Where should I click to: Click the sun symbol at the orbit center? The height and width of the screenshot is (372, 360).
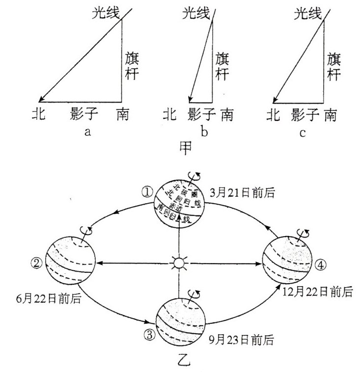click(x=179, y=264)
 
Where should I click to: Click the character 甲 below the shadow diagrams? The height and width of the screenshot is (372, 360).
click(x=186, y=147)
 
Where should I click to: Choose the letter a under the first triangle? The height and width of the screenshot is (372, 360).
click(x=87, y=133)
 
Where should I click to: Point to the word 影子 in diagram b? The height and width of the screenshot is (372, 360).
click(x=202, y=115)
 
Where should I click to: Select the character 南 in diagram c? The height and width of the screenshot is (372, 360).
click(x=330, y=115)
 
